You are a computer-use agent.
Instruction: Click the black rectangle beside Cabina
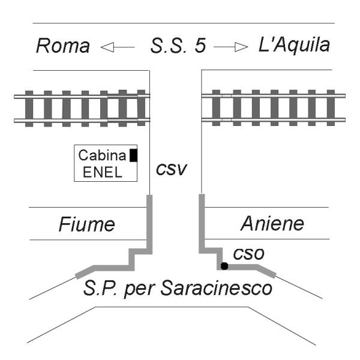pyautogui.click(x=134, y=155)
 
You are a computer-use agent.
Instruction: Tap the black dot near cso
pyautogui.click(x=224, y=265)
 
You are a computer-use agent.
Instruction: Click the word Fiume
pyautogui.click(x=86, y=225)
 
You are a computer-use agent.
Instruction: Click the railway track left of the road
pyautogui.click(x=81, y=108)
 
